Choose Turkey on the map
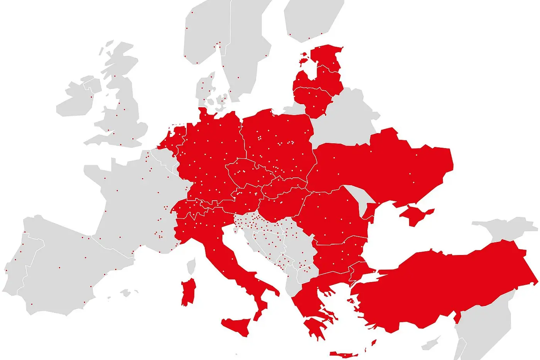coord(444,286)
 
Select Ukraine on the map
coord(386,166)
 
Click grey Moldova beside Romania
coord(361,199)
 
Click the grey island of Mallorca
coord(125,293)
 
